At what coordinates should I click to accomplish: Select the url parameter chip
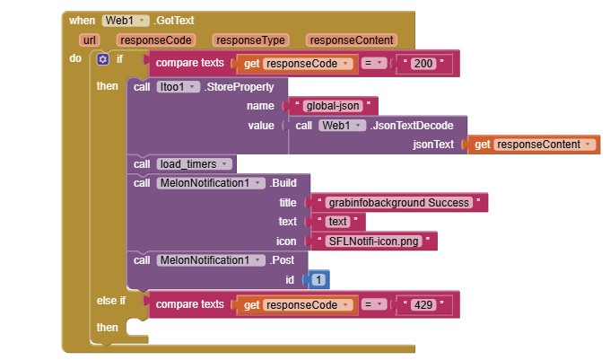pos(89,40)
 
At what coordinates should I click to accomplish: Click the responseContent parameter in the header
pos(352,40)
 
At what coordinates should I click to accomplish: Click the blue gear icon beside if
pos(102,59)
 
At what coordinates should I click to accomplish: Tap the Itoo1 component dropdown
pos(178,87)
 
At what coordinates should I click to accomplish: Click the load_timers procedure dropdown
pos(194,164)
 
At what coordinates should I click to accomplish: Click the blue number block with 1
pos(318,280)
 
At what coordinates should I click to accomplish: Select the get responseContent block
pos(534,145)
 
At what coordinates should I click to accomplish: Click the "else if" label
pos(111,301)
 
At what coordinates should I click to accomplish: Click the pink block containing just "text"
pos(337,222)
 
